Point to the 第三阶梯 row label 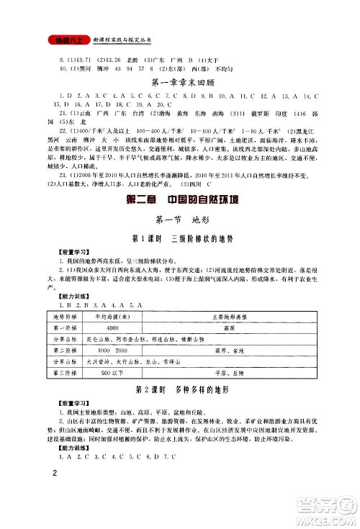coord(66,374)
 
